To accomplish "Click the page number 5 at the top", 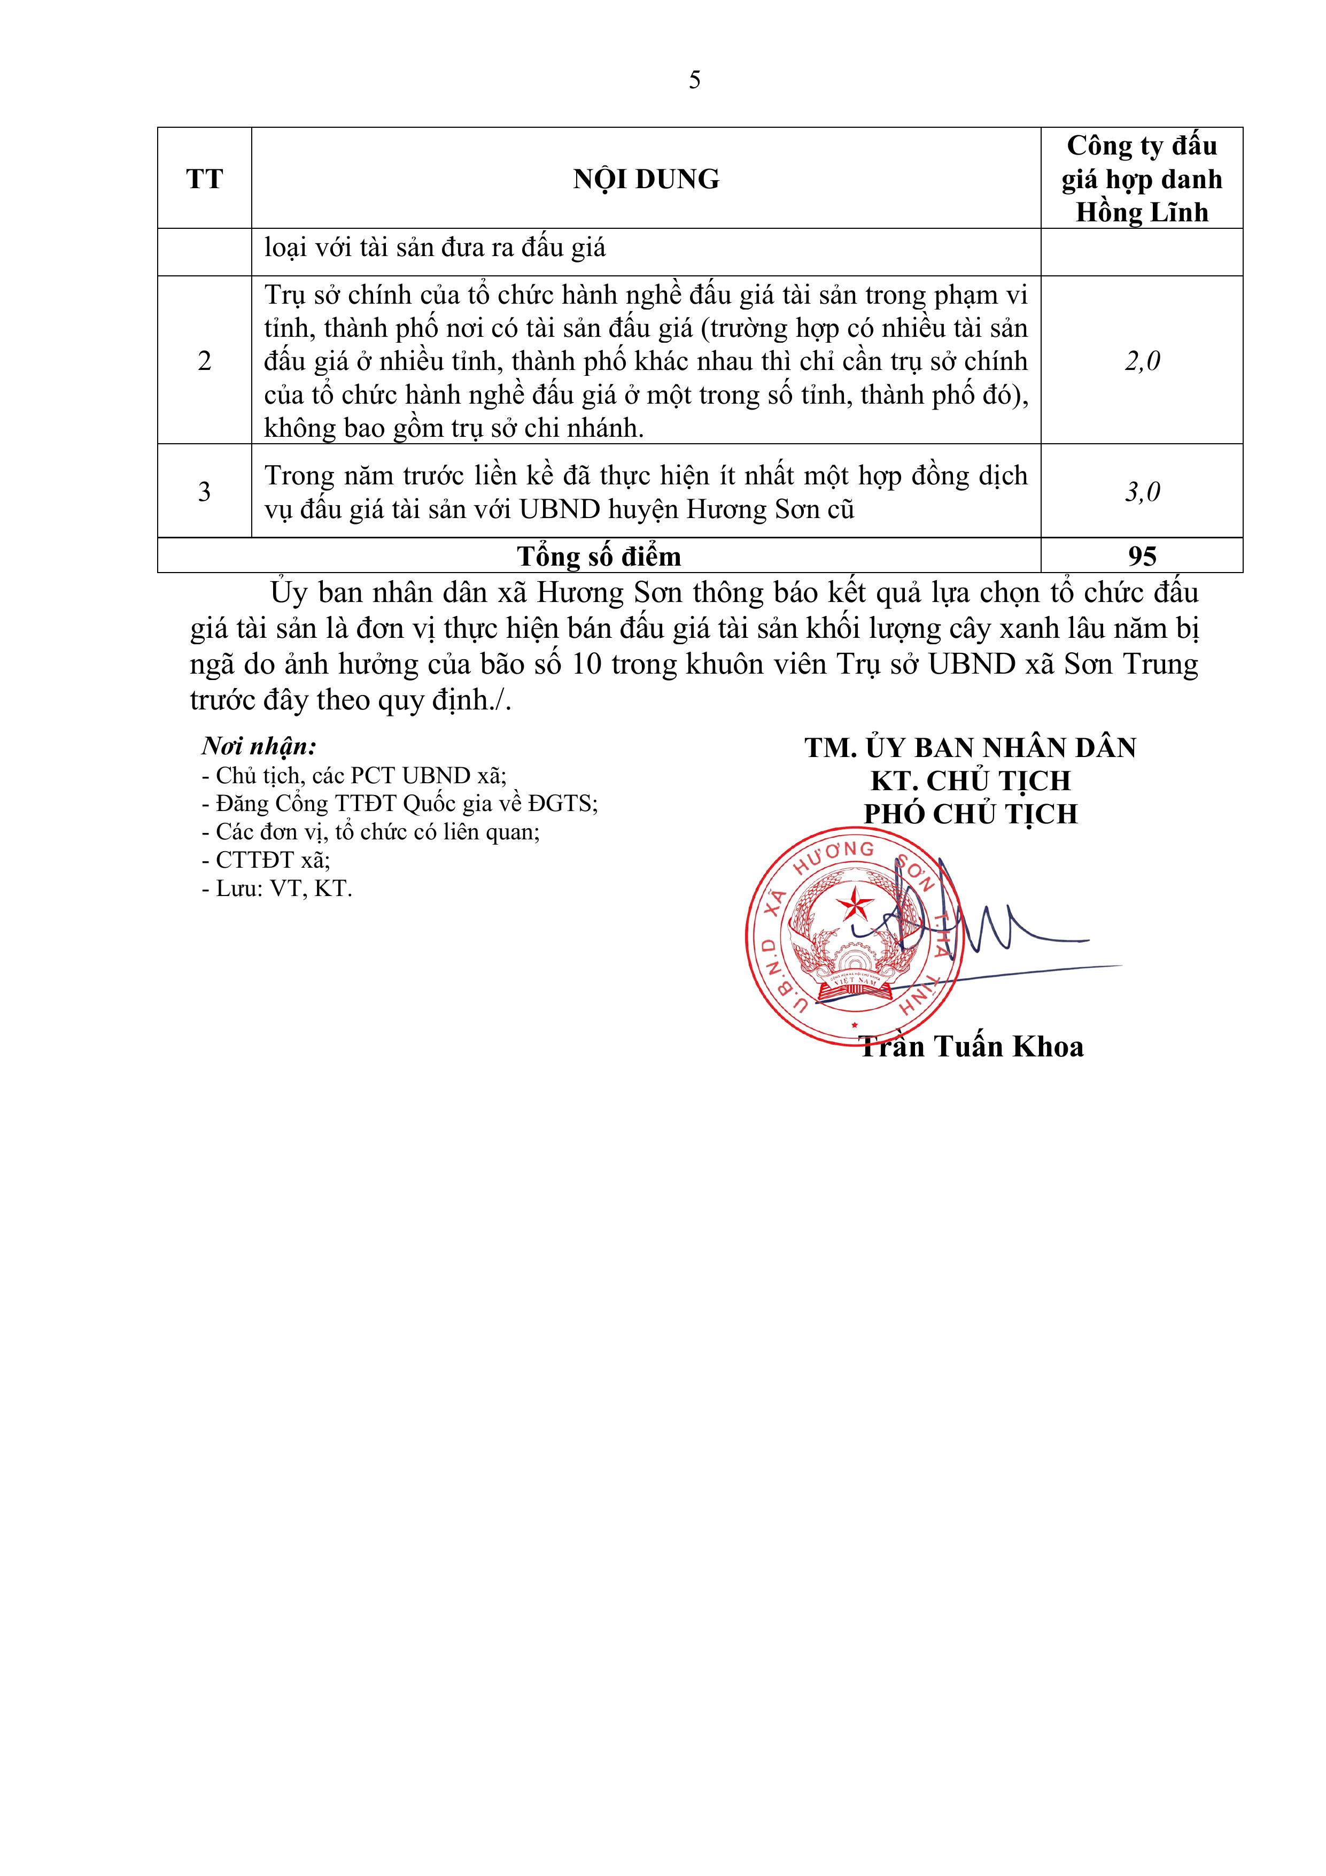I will coord(694,80).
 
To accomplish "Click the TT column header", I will coord(204,179).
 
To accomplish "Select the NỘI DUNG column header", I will coord(646,179).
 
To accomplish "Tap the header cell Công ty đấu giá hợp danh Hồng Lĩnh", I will coord(1142,179).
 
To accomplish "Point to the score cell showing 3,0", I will coord(1142,492).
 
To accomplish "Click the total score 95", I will coord(1142,557).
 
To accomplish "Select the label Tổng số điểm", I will coord(599,557).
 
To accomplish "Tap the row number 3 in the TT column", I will coord(204,492).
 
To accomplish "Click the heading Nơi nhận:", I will coord(259,746).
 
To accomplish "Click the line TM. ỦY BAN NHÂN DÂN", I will coord(971,747).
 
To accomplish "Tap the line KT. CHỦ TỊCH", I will coord(971,781).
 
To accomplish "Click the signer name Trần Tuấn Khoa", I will coord(972,1047).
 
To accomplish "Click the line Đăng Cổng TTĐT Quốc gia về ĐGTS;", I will coord(400,804).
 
